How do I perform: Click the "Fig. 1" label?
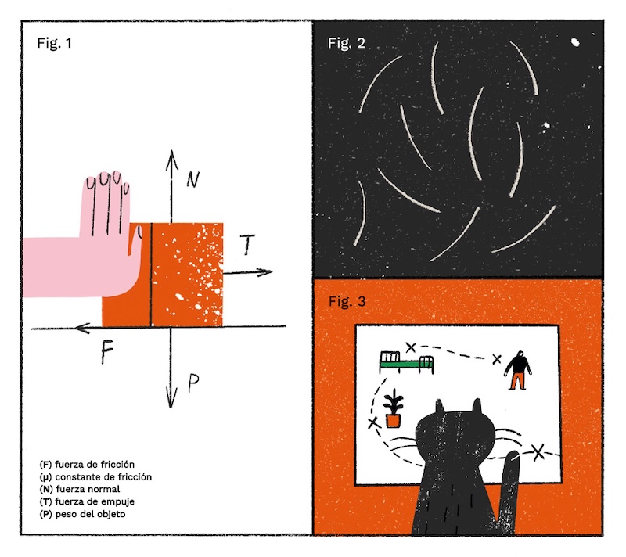coord(54,43)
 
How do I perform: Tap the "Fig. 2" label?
coord(346,43)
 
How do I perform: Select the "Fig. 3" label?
coord(347,301)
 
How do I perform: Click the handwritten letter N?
coord(192,179)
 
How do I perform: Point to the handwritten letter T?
coord(247,244)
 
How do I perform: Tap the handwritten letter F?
coord(107,352)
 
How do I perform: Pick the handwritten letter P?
coord(193,383)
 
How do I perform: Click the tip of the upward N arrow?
coord(171,151)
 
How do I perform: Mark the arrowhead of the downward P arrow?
coord(171,408)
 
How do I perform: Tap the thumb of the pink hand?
coord(135,239)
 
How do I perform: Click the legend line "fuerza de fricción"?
coord(87,465)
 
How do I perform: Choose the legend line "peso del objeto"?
coord(83,514)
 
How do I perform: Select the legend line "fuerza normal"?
coord(80,489)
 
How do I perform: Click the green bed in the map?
coord(406,362)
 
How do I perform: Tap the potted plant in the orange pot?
coord(394,408)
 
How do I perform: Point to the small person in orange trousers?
coord(517,370)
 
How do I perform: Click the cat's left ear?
coord(439,407)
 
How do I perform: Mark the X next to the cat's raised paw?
coord(538,452)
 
